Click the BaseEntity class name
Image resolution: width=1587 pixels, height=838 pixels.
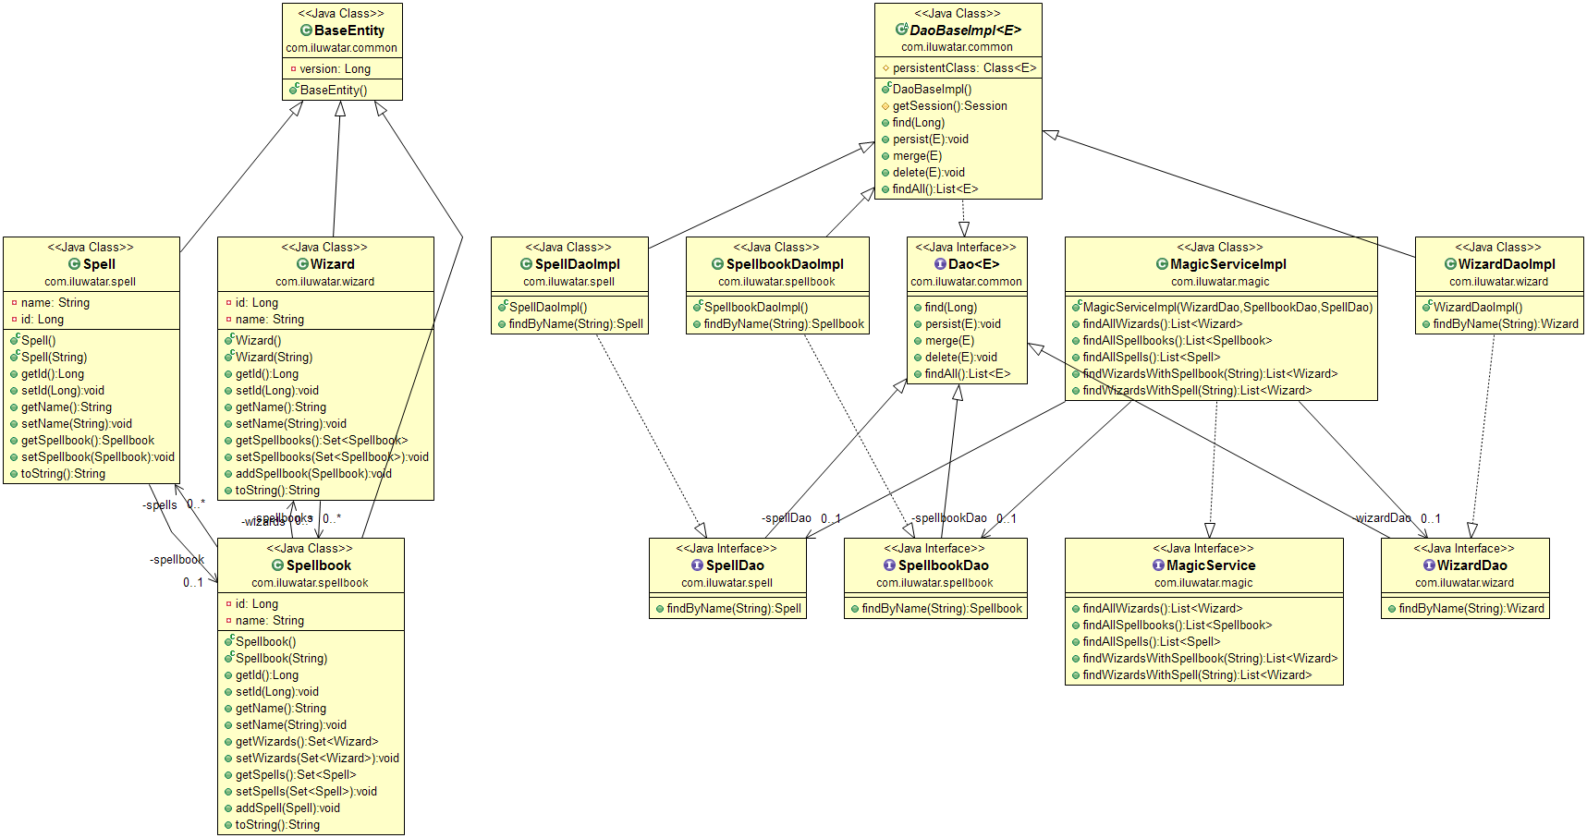348,30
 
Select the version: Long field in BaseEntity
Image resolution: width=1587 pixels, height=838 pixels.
335,68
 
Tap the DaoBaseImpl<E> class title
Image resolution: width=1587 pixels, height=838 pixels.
965,30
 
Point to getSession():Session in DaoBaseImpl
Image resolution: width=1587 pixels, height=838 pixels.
949,106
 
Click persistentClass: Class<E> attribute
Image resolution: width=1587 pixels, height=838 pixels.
964,68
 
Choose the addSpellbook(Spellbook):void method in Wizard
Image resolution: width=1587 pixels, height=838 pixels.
313,474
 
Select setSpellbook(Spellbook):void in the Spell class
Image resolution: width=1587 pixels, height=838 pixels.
97,457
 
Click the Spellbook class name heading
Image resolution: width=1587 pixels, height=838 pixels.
318,565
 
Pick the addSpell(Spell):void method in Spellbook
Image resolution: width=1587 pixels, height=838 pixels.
287,808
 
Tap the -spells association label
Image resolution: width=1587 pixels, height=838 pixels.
160,505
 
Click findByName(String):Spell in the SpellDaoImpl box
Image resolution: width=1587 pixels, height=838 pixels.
576,324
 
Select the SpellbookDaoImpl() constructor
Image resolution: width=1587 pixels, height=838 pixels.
755,308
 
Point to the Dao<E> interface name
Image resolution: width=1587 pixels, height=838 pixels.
973,264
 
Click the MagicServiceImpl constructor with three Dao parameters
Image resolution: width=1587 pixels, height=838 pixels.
1227,308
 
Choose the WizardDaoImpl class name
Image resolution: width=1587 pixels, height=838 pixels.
1506,264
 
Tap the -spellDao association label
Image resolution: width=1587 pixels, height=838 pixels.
787,518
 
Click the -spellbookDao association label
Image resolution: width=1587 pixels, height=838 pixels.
948,518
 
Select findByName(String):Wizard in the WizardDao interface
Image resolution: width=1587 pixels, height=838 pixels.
1471,609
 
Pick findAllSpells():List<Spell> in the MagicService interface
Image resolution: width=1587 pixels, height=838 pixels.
1151,642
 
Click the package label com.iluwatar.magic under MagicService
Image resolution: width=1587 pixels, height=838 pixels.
1202,583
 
